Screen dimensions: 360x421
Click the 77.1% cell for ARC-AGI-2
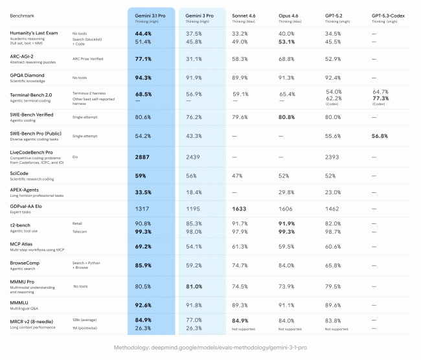(143, 59)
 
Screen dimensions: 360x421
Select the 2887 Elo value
(142, 157)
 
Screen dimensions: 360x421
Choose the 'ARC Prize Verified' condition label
(90, 59)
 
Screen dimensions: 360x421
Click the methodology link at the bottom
(210, 347)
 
